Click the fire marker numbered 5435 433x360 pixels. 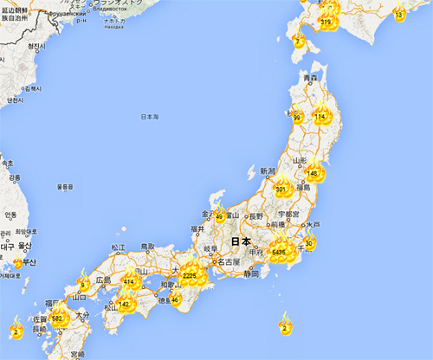click(279, 251)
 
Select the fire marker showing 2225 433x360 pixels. click(190, 275)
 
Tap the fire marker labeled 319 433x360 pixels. click(326, 22)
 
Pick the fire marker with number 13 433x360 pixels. click(398, 15)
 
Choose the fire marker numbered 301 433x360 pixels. click(281, 188)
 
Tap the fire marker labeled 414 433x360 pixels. click(129, 281)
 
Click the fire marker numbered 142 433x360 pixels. click(124, 304)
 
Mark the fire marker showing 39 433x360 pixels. click(297, 119)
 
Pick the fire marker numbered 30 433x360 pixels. click(309, 243)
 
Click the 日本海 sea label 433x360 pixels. click(149, 117)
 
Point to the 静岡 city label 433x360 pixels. click(251, 273)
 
